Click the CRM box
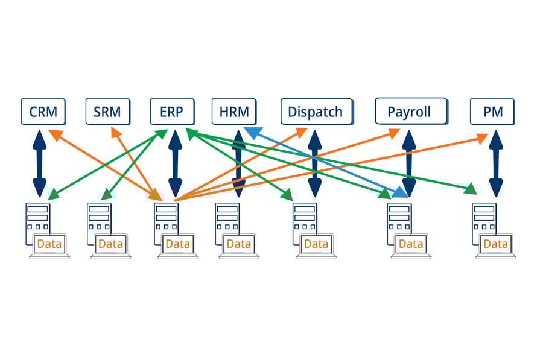(x=43, y=112)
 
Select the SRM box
(x=107, y=112)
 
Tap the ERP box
(x=172, y=112)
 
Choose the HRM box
(x=234, y=112)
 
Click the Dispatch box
(x=316, y=112)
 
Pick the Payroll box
(x=410, y=112)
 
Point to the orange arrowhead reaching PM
(x=483, y=137)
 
